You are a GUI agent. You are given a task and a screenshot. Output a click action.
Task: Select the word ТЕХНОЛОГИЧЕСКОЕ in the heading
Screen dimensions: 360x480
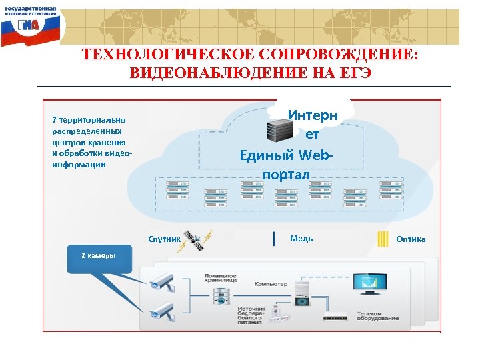click(x=156, y=54)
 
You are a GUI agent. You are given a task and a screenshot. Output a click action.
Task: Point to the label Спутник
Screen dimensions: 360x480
click(x=164, y=239)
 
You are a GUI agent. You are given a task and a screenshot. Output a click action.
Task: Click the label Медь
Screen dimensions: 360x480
click(x=301, y=239)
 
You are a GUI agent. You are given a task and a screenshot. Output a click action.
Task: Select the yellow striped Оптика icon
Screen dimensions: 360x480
click(x=383, y=239)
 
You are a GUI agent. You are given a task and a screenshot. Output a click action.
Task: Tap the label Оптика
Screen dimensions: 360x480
click(x=411, y=239)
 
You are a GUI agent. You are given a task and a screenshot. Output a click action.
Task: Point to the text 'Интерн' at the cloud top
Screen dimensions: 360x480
click(x=313, y=115)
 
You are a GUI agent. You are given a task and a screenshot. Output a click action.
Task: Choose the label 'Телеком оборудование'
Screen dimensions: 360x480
click(x=377, y=316)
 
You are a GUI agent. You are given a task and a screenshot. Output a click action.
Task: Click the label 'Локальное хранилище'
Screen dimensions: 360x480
click(x=221, y=279)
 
